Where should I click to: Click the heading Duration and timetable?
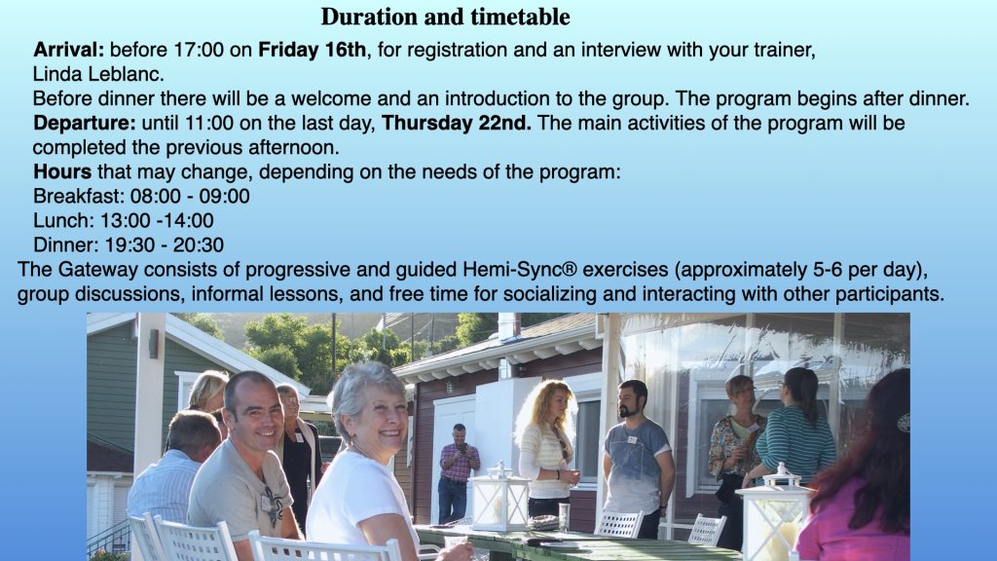(x=445, y=18)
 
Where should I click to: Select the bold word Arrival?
(x=69, y=50)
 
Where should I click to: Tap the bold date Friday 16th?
(x=312, y=50)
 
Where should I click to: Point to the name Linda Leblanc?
(x=98, y=74)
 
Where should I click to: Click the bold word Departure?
(x=85, y=123)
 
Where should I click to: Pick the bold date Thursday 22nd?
(x=456, y=123)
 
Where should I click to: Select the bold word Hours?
(x=62, y=171)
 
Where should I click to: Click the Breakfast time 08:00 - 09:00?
(x=190, y=196)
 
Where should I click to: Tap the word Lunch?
(x=63, y=221)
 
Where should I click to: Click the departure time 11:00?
(x=209, y=123)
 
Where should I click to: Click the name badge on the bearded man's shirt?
(x=631, y=440)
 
